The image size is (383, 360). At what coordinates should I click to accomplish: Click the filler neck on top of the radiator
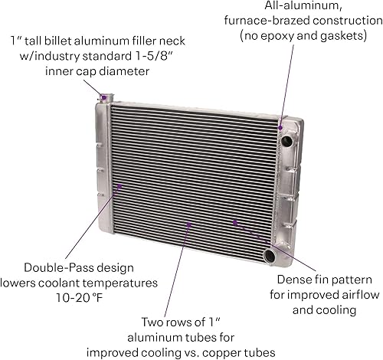coord(105,97)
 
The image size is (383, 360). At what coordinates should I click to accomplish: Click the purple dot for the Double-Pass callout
coord(119,185)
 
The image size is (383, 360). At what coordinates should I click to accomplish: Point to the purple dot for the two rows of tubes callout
coord(188,225)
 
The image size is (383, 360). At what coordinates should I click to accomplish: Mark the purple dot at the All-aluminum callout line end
coord(282,127)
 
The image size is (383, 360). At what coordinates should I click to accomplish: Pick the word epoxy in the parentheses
coord(293,36)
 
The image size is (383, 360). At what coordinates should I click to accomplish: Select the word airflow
coord(339,295)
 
